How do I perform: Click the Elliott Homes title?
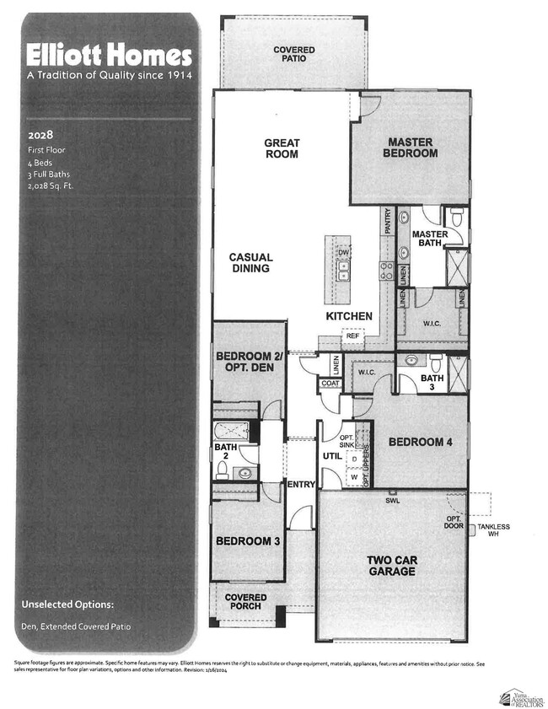click(109, 56)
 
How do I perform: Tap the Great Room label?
click(282, 149)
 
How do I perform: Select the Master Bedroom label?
click(410, 148)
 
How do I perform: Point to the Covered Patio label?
click(293, 56)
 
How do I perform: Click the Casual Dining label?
click(250, 263)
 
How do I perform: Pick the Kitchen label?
click(349, 316)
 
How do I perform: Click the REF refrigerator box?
click(352, 336)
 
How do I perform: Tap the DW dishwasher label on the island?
click(343, 252)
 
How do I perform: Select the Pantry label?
click(387, 221)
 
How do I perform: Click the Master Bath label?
click(429, 239)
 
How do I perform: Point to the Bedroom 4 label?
click(415, 442)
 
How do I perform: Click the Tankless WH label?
click(493, 531)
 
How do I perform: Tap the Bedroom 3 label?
click(247, 541)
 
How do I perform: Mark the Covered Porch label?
click(245, 603)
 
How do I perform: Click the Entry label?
click(301, 485)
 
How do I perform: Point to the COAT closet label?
click(330, 384)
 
